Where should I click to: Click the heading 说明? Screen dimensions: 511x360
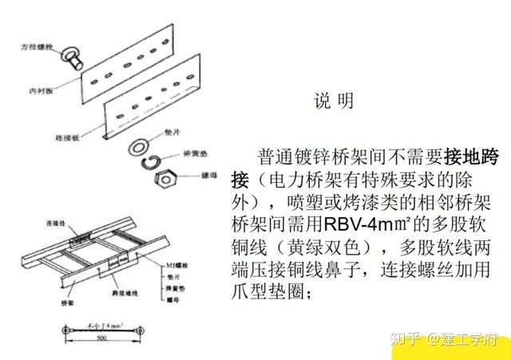pos(333,101)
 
